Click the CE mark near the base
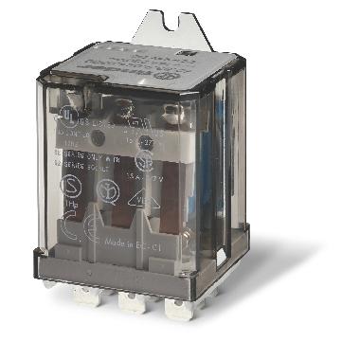pos(89,228)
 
